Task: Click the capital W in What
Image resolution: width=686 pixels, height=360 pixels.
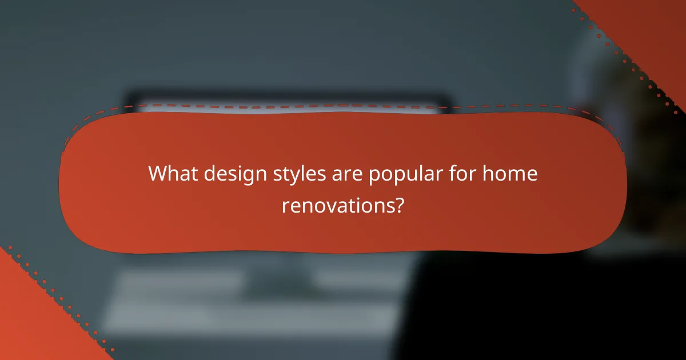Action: (158, 174)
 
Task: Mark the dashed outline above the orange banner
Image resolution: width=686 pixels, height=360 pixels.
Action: (343, 106)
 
